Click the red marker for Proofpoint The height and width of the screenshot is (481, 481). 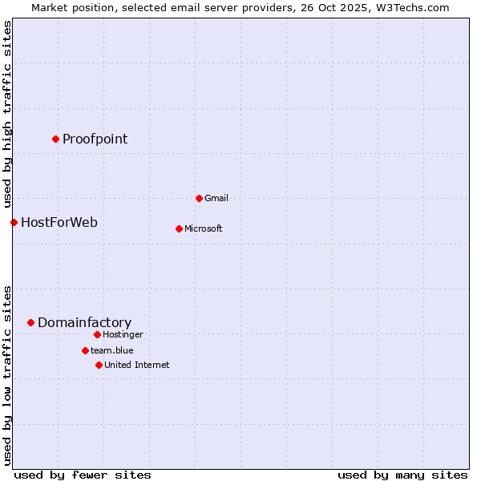point(55,139)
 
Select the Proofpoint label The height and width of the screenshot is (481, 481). point(95,139)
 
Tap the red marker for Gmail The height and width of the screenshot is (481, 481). point(199,198)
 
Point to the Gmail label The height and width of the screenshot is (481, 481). point(216,198)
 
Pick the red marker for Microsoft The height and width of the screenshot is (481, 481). point(179,228)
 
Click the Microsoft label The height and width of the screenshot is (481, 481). point(203,228)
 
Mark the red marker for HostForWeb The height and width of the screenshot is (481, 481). point(14,222)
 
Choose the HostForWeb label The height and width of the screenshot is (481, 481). point(59,222)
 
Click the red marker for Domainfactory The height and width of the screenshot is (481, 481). point(30,322)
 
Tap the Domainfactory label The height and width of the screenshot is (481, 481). point(84,323)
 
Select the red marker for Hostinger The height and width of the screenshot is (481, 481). point(97,334)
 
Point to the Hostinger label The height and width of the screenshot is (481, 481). point(123,334)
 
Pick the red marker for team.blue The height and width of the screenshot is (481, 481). point(85,350)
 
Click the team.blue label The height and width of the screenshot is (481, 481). point(111,350)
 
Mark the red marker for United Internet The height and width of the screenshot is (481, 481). point(99,365)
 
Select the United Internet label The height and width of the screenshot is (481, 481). point(136,365)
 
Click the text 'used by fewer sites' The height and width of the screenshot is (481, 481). point(83,475)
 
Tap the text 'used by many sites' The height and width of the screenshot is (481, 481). point(402,475)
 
